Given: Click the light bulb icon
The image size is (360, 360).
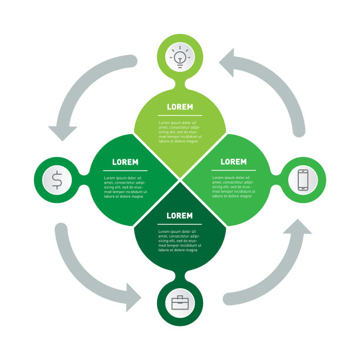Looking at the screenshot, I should pyautogui.click(x=180, y=56).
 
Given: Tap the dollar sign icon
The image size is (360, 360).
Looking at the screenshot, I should pyautogui.click(x=56, y=180).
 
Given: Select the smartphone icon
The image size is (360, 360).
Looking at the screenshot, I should pyautogui.click(x=303, y=180).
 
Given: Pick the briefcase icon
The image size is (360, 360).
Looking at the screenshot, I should pyautogui.click(x=180, y=303).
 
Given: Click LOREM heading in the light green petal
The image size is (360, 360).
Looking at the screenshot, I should pyautogui.click(x=179, y=107).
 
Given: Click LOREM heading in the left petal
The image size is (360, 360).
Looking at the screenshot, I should pyautogui.click(x=125, y=162).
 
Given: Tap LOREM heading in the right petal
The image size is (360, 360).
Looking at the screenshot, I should pyautogui.click(x=234, y=162).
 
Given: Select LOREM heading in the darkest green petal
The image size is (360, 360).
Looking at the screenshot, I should pyautogui.click(x=179, y=216).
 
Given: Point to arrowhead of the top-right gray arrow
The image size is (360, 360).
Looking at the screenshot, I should pyautogui.click(x=231, y=62).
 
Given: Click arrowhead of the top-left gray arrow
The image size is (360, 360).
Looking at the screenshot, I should pyautogui.click(x=63, y=132).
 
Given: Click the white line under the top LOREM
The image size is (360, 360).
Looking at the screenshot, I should pyautogui.click(x=179, y=115).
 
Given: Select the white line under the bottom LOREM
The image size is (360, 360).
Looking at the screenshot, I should pyautogui.click(x=179, y=224).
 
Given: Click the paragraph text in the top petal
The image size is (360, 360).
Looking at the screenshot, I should pyautogui.click(x=179, y=132).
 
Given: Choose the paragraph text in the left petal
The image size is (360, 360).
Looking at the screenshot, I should pyautogui.click(x=125, y=186).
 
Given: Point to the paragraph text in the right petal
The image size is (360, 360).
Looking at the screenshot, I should pyautogui.click(x=234, y=186).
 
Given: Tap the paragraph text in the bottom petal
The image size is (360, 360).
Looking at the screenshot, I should pyautogui.click(x=179, y=241).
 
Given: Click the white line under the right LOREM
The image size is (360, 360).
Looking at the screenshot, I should pyautogui.click(x=234, y=170).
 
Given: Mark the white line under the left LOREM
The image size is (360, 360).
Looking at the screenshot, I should pyautogui.click(x=125, y=170).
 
